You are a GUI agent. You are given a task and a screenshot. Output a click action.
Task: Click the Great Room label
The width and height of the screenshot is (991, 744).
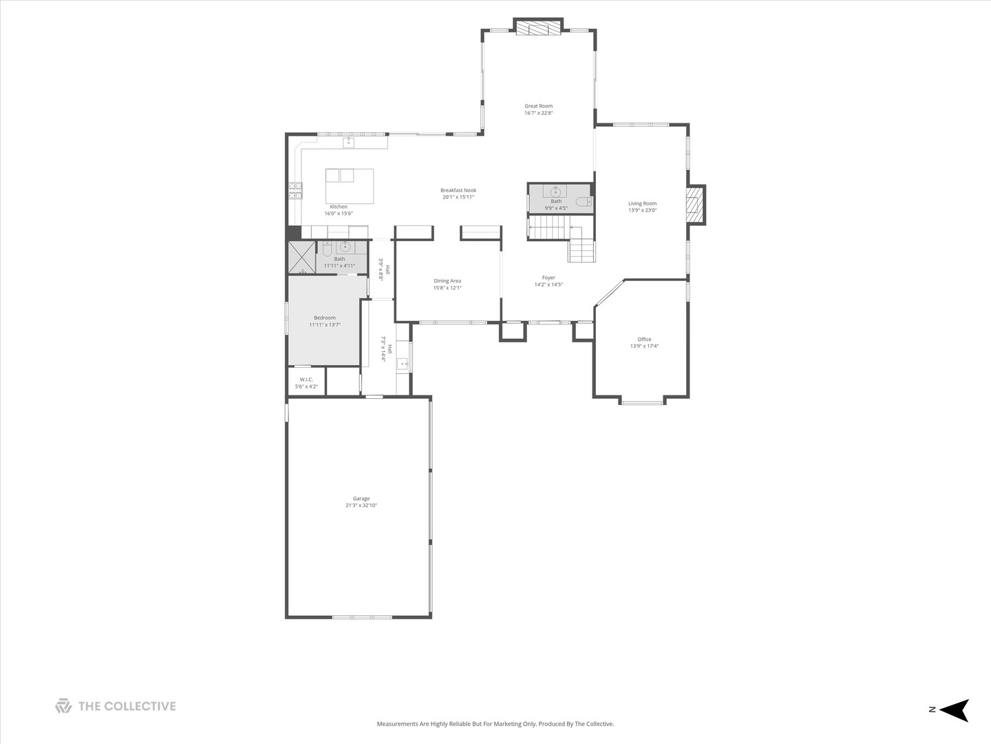(x=538, y=106)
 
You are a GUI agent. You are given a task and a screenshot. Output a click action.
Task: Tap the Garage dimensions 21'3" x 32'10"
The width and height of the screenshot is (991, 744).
(x=361, y=505)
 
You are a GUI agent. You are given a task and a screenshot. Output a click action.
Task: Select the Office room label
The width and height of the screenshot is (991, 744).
(x=644, y=339)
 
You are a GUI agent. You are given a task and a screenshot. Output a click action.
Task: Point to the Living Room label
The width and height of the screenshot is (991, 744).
(x=643, y=203)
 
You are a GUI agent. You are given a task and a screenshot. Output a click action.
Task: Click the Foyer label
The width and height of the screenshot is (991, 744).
(x=548, y=278)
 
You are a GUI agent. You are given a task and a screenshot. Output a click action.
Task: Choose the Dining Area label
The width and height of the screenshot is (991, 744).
(x=447, y=281)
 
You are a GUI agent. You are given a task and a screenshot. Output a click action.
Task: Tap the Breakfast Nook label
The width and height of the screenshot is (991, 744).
(x=458, y=190)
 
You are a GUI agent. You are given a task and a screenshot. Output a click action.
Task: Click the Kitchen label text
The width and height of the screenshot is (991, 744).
(x=339, y=207)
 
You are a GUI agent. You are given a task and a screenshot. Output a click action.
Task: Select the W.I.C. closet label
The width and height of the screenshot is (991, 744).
(x=306, y=380)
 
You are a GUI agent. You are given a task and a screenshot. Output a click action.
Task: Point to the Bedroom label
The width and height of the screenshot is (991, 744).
(x=325, y=318)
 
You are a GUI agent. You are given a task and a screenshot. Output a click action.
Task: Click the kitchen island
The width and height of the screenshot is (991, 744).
(x=350, y=186)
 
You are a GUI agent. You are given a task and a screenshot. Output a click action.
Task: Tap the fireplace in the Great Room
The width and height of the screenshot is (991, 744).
(x=538, y=27)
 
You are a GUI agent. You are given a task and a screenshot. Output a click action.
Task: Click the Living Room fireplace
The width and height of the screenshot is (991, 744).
(x=695, y=205)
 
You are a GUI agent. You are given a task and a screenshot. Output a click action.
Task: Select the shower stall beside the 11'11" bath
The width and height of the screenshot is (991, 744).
(x=302, y=258)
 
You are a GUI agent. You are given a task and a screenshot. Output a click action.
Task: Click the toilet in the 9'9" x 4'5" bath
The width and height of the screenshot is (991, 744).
(x=584, y=201)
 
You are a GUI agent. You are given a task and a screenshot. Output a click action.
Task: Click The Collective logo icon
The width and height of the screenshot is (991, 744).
(x=64, y=706)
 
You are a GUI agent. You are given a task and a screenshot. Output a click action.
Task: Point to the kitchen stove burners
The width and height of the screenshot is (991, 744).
(x=295, y=191)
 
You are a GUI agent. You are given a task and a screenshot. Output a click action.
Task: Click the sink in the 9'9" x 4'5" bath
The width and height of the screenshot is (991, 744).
(x=555, y=191)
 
